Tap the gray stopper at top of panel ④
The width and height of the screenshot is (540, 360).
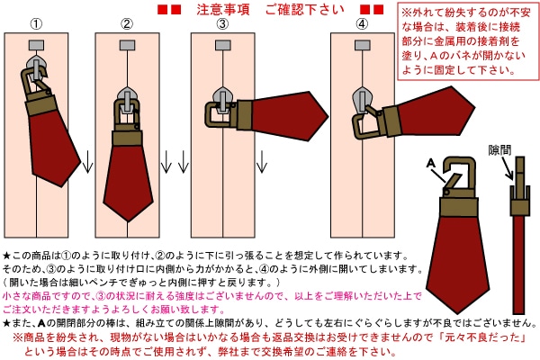point(361,44)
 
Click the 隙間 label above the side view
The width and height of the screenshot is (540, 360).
point(499,148)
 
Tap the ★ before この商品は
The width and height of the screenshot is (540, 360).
point(7,256)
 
